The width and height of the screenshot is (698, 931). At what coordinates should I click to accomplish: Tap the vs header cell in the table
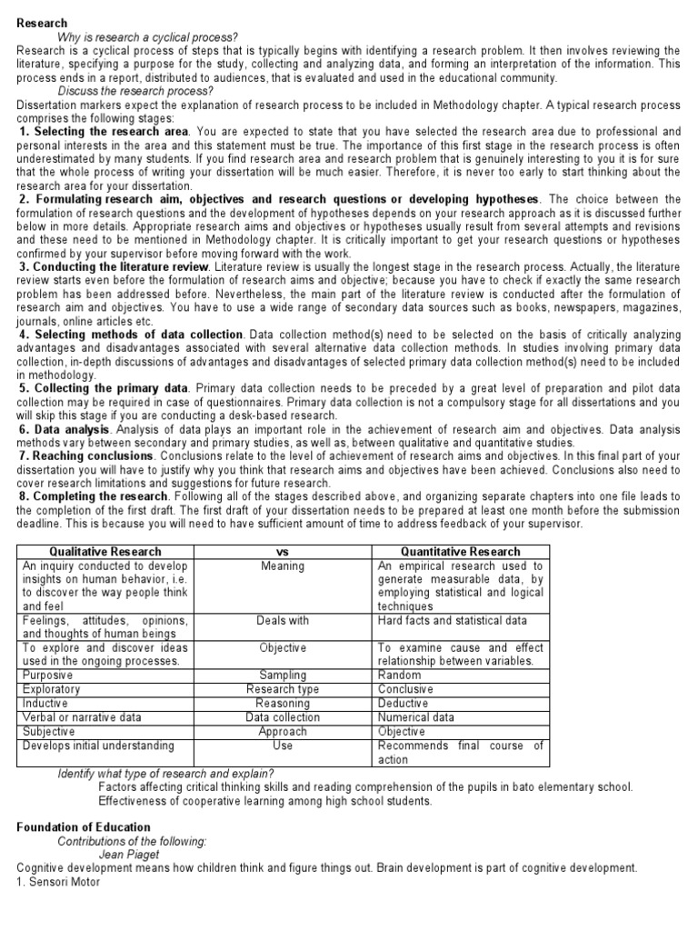coord(282,551)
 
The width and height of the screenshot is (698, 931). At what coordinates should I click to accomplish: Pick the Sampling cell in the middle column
coord(282,676)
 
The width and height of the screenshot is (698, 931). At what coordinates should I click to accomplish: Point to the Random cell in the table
coord(399,676)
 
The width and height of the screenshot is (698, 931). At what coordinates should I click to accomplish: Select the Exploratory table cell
coord(52,689)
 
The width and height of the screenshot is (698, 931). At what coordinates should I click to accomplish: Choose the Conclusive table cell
coord(405,689)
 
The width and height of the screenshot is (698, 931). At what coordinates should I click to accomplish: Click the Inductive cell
coord(46,703)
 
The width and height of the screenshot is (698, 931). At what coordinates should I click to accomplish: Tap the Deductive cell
coord(404,703)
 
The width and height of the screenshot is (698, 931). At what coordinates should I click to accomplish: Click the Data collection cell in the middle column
coord(282,717)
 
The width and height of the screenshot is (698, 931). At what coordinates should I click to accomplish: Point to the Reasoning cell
coord(282,703)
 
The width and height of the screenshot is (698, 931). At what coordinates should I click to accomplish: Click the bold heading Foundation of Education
coord(84,827)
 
